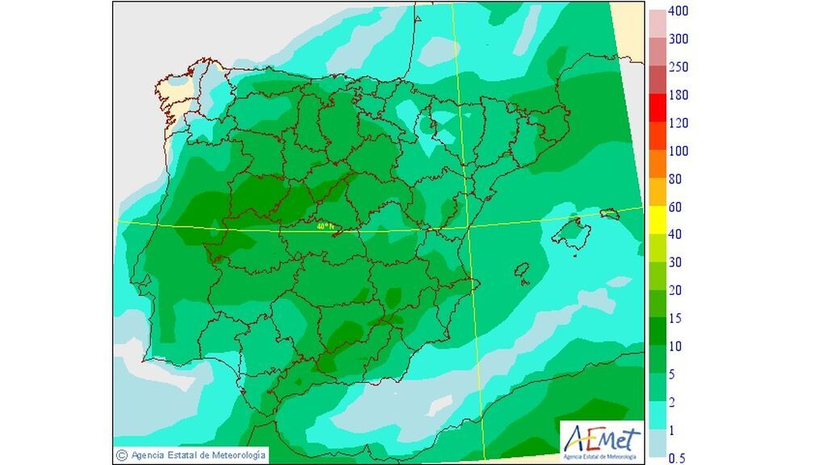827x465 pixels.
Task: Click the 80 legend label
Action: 676,179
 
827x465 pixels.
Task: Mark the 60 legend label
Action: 676,207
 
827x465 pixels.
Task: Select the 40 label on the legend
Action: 676,234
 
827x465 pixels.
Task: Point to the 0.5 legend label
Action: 678,458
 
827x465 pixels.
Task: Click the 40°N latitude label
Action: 325,226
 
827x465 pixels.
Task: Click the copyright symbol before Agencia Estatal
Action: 122,455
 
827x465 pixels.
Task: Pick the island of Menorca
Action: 611,214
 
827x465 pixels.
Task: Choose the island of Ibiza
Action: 523,269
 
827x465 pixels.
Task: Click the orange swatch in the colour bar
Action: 657,164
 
